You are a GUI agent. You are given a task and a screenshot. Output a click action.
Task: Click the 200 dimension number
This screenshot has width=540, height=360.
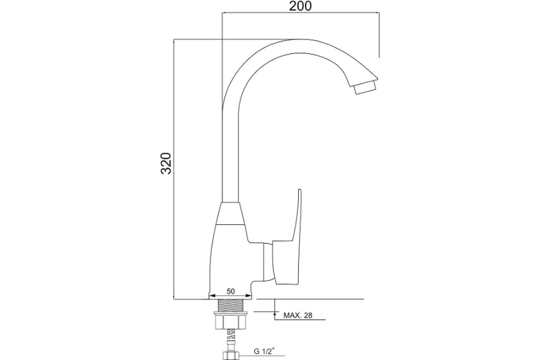pyautogui.click(x=300, y=6)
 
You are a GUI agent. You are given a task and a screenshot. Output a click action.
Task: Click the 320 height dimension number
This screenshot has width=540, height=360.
pyautogui.click(x=166, y=163)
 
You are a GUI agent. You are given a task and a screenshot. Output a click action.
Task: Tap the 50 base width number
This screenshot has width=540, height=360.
pyautogui.click(x=230, y=291)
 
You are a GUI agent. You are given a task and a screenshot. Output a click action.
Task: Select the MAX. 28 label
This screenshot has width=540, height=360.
pyautogui.click(x=298, y=315)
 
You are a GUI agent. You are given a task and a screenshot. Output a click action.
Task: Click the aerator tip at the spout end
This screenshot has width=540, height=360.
pyautogui.click(x=365, y=88)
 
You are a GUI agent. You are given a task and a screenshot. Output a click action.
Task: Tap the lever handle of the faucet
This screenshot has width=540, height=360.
pyautogui.click(x=287, y=238)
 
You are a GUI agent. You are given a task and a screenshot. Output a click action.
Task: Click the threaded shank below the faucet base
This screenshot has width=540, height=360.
pyautogui.click(x=231, y=305)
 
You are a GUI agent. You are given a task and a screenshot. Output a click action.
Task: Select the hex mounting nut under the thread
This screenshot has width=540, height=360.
pyautogui.click(x=230, y=320)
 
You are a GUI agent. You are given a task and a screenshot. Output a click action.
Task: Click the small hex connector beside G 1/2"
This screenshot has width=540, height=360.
pyautogui.click(x=230, y=355)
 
